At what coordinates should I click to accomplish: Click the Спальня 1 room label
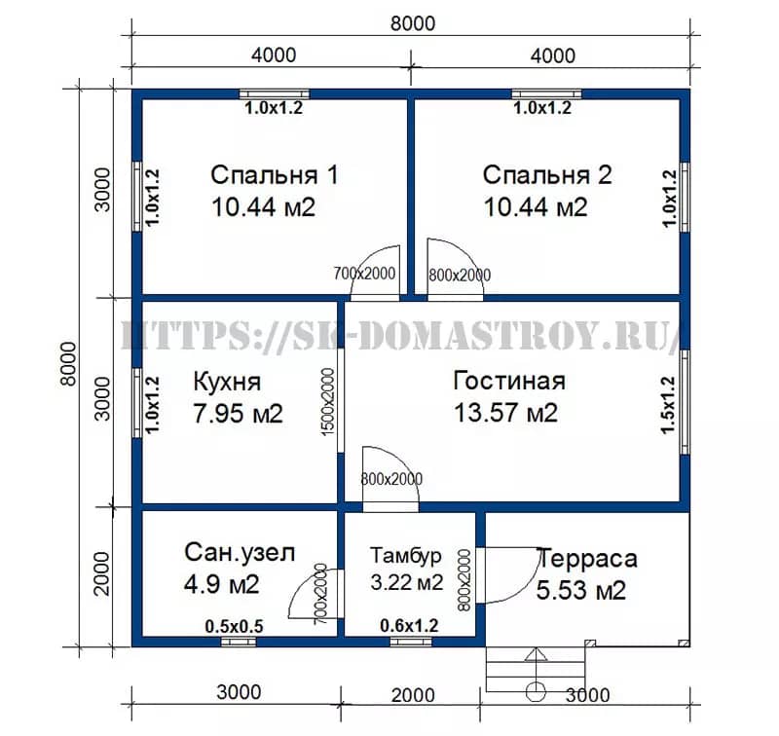[275, 175]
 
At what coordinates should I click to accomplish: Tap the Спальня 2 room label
[547, 175]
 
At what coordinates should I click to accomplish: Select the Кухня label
[227, 382]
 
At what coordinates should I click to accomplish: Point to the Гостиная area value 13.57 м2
[505, 413]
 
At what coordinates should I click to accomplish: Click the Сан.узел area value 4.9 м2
[222, 583]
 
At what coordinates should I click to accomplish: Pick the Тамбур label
[406, 555]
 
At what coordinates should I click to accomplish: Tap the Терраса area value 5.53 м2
[580, 591]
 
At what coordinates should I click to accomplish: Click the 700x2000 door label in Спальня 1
[364, 274]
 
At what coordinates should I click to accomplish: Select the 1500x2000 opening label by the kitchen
[328, 402]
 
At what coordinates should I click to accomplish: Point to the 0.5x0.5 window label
[234, 627]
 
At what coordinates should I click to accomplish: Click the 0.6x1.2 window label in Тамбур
[409, 626]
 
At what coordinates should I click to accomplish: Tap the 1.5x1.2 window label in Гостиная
[668, 405]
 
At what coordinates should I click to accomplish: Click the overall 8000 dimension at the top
[412, 23]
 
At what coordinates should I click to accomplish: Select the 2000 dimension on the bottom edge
[413, 695]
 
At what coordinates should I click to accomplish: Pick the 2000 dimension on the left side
[102, 573]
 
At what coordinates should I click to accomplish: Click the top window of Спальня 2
[546, 94]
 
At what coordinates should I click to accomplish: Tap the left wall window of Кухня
[137, 403]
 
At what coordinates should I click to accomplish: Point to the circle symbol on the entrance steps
[536, 691]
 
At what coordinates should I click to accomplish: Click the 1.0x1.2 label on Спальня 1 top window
[274, 108]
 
